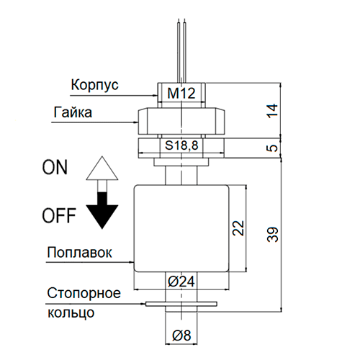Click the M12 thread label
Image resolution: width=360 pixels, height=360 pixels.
point(181,93)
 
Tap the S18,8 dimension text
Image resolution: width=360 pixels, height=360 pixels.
point(181,145)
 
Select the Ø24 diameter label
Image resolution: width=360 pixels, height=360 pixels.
point(181,282)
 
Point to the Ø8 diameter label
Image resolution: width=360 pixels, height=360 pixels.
point(181,335)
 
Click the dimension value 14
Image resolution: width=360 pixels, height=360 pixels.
point(272,111)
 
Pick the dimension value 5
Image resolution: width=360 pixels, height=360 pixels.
point(272,148)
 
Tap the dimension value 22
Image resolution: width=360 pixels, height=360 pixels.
point(238,228)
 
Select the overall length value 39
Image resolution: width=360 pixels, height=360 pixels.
point(272,234)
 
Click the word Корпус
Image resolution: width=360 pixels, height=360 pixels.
point(95,85)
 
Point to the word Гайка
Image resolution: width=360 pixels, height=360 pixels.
point(73,112)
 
